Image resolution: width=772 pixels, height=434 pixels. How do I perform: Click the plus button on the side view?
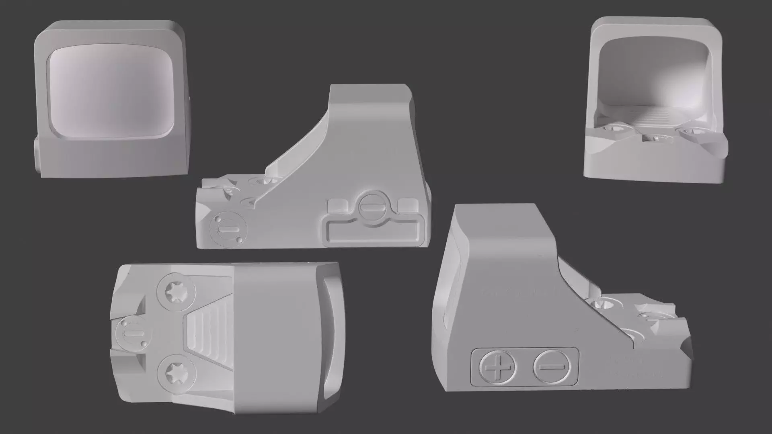498,367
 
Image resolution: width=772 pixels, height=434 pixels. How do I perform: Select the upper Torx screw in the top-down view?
176,291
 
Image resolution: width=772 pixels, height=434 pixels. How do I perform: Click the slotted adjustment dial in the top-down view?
132,334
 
